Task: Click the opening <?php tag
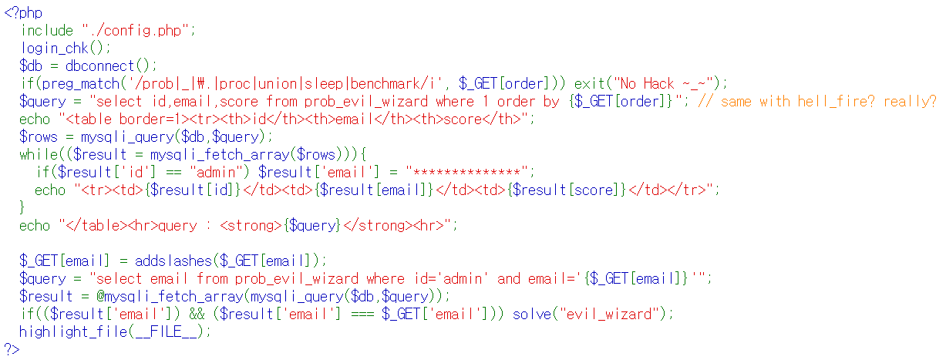[23, 13]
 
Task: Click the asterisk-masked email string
[470, 173]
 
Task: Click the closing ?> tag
[12, 350]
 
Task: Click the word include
[47, 31]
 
